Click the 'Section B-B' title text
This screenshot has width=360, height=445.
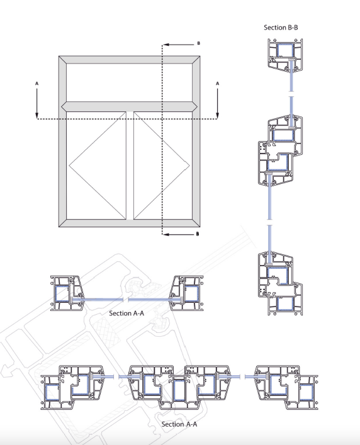coord(281,28)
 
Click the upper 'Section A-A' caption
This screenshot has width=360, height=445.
coord(127,313)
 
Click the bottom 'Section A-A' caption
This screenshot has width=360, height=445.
coord(179,424)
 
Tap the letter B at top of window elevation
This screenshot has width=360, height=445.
coord(199,43)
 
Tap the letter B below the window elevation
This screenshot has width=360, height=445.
coord(198,234)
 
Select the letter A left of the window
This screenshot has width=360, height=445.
coord(37,84)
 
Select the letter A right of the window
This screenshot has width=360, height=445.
coord(218,84)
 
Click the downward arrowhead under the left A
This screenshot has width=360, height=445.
coord(37,115)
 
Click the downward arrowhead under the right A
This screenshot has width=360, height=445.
coord(218,115)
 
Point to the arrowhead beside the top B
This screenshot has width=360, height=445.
coord(167,45)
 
